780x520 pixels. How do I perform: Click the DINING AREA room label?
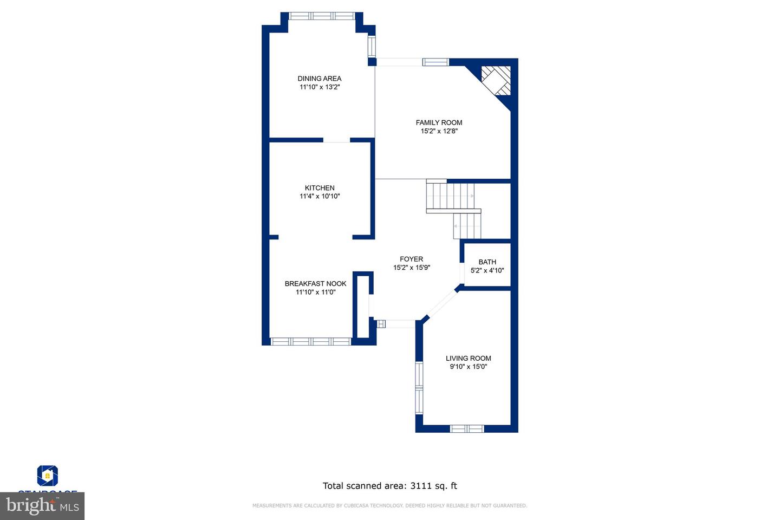(319, 79)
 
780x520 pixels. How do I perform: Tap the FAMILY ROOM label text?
(439, 122)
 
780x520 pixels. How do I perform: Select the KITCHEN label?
(320, 188)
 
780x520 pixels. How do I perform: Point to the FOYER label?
(411, 259)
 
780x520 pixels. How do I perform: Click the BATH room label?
(487, 262)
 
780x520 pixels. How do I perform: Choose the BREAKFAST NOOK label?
(315, 283)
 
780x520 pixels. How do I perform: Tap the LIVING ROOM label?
(468, 358)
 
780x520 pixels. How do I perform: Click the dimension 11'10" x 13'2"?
(319, 87)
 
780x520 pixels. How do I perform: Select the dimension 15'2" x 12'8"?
(439, 131)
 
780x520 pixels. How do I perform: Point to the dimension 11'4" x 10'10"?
(320, 197)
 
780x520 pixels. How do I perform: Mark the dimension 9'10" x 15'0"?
(468, 367)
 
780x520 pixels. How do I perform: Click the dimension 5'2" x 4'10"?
(487, 270)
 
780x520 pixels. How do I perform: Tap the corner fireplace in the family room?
(496, 81)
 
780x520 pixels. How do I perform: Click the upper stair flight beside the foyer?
(450, 196)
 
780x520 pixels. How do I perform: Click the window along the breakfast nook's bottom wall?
(310, 341)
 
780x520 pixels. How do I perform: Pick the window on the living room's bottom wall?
(467, 428)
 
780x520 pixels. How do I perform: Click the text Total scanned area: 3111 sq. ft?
(389, 486)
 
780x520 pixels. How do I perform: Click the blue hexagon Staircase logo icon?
(48, 476)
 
